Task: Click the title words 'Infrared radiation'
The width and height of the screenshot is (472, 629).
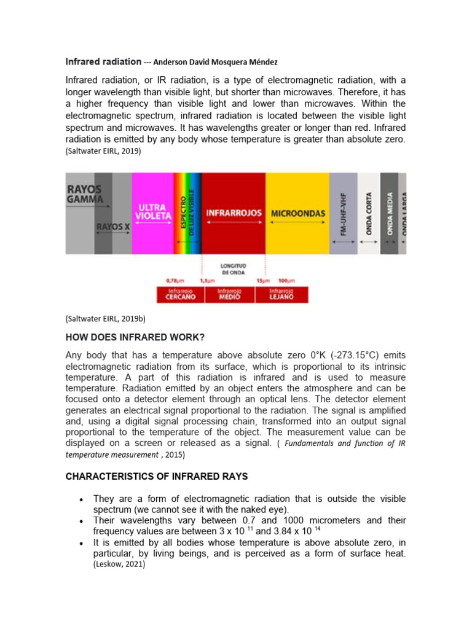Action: [103, 62]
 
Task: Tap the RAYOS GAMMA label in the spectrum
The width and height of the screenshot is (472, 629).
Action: [85, 195]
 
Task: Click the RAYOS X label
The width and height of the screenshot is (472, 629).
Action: [113, 227]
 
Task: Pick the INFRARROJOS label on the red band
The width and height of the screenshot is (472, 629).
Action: [234, 213]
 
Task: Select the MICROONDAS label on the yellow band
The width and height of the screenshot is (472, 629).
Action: [297, 213]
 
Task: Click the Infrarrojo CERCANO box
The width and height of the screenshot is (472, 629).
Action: [181, 294]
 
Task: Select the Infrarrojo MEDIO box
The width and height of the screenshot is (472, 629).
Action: [229, 294]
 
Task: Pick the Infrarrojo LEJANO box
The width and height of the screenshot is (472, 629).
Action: [281, 294]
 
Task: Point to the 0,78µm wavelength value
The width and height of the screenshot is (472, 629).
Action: [176, 280]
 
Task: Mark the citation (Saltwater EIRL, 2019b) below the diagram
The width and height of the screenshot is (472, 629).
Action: [105, 318]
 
